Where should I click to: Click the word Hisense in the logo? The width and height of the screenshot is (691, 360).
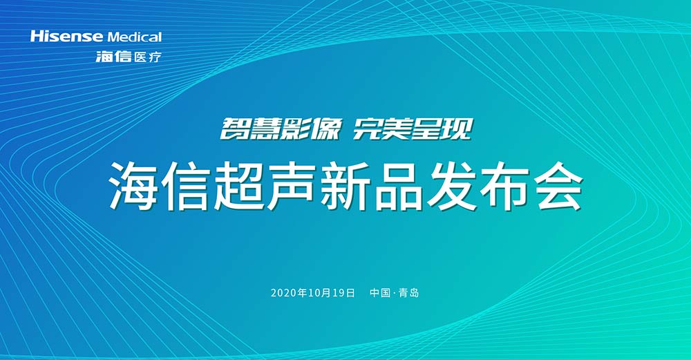click(x=66, y=37)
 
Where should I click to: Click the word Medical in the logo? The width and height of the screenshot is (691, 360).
click(x=135, y=37)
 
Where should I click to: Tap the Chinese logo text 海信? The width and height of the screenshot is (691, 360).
click(x=114, y=57)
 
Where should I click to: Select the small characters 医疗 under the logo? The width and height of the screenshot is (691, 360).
click(x=148, y=57)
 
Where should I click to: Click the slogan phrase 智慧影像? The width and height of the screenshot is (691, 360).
click(x=281, y=129)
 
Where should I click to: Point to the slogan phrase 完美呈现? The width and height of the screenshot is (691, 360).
click(x=413, y=129)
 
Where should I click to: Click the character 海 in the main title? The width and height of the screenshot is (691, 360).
click(x=134, y=186)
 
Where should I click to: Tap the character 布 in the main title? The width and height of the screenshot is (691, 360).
click(x=505, y=186)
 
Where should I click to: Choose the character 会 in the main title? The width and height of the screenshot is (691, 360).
click(x=558, y=186)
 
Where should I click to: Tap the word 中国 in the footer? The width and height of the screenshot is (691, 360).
click(x=380, y=293)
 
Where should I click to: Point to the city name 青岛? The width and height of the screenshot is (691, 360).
click(x=409, y=293)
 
